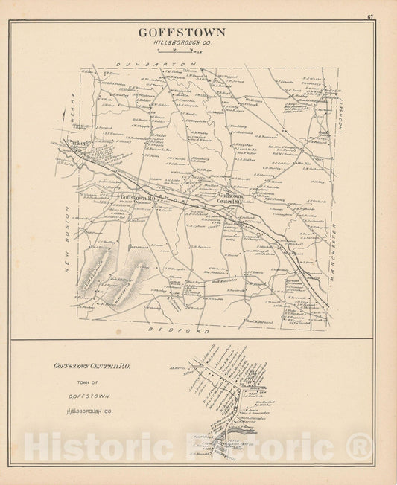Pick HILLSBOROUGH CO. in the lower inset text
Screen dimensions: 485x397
89,411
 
